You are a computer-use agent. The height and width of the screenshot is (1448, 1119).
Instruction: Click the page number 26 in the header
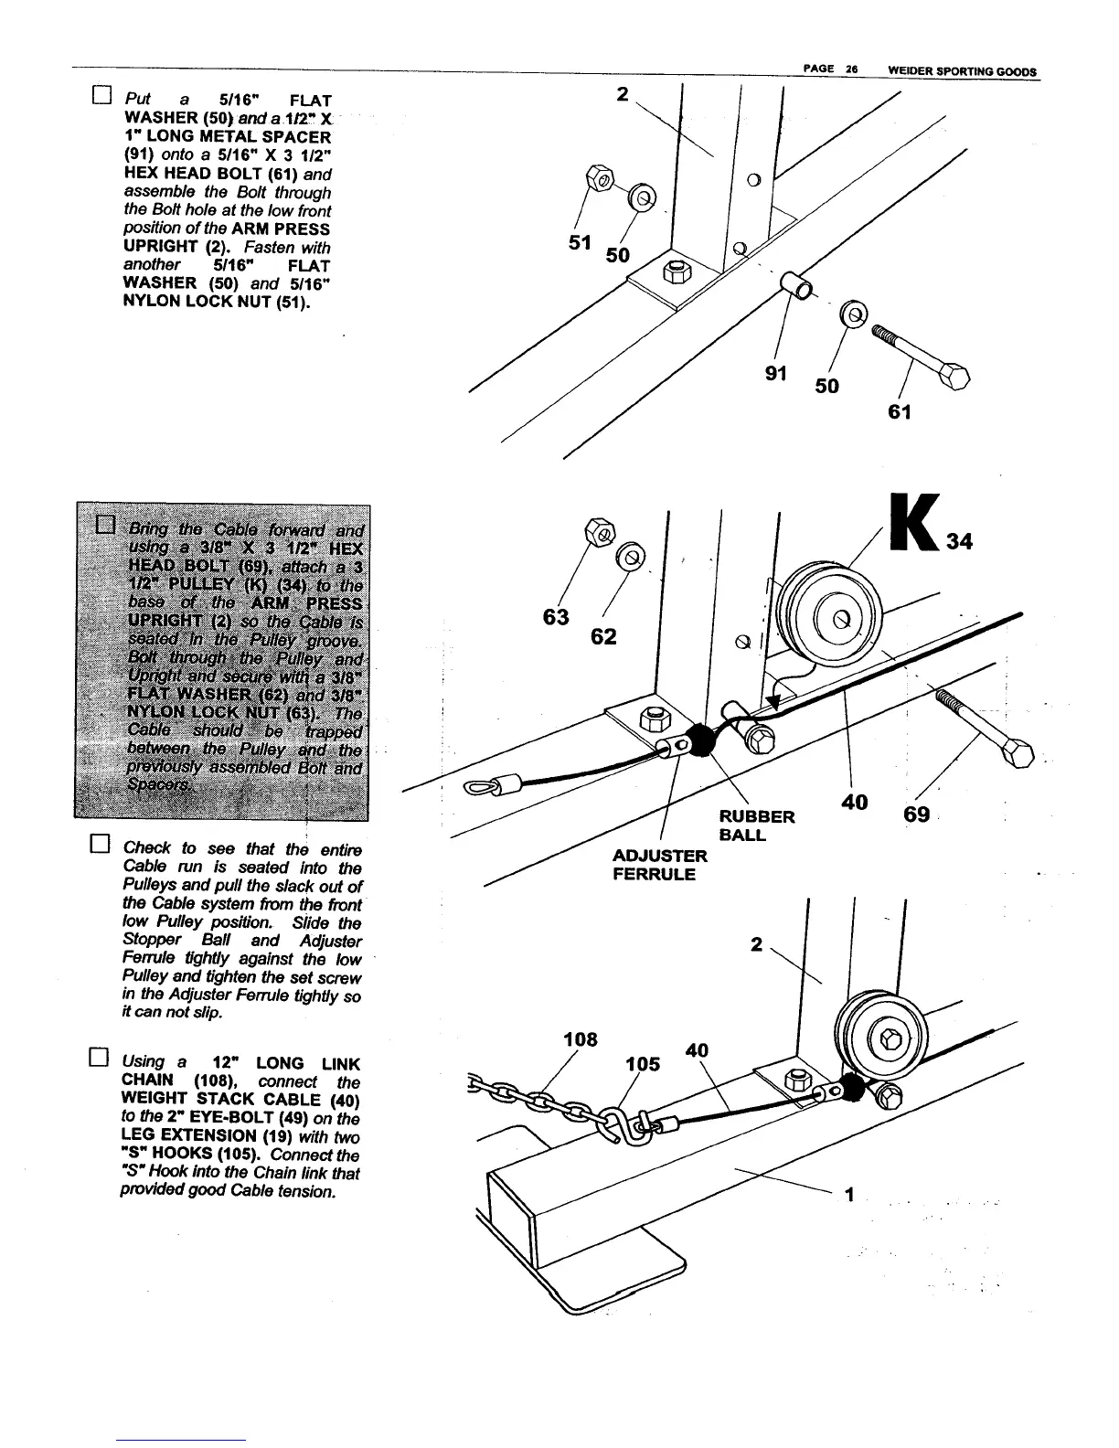pyautogui.click(x=847, y=70)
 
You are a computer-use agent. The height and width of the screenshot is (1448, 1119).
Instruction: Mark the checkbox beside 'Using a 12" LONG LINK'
pyautogui.click(x=101, y=1059)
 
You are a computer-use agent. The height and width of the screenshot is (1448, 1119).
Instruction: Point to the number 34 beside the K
pyautogui.click(x=959, y=542)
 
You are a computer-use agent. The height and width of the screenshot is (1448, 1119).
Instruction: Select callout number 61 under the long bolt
pyautogui.click(x=900, y=412)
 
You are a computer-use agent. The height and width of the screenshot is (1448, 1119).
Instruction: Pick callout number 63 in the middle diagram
pyautogui.click(x=556, y=617)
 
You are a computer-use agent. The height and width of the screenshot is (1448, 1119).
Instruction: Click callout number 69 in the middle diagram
pyautogui.click(x=916, y=813)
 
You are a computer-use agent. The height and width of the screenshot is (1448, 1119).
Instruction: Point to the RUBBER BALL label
pyautogui.click(x=756, y=825)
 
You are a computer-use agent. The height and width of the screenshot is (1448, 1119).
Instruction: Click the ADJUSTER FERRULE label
pyautogui.click(x=659, y=865)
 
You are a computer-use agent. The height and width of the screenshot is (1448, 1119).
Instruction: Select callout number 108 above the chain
pyautogui.click(x=581, y=1039)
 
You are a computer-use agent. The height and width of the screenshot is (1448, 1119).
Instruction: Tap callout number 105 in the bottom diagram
pyautogui.click(x=643, y=1064)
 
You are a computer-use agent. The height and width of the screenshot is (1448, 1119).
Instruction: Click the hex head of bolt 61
pyautogui.click(x=955, y=377)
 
